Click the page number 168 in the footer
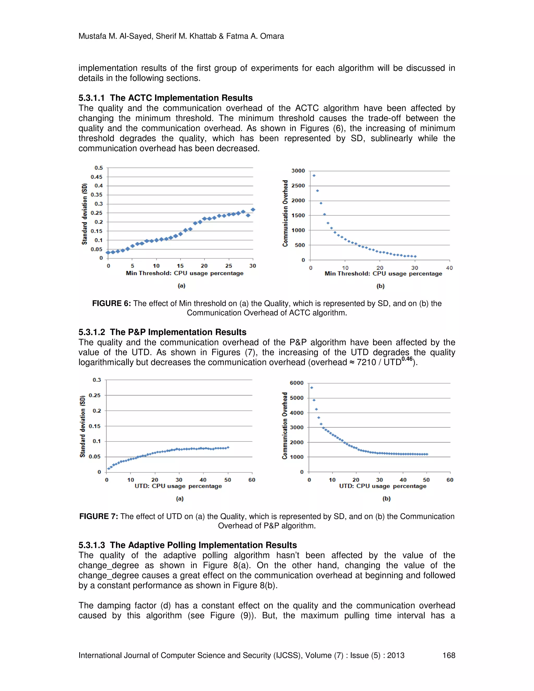[x=448, y=655]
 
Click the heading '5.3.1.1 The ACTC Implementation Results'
[x=166, y=98]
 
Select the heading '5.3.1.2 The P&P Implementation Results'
[x=162, y=332]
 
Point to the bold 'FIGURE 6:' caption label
[x=111, y=304]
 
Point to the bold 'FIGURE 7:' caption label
[x=98, y=516]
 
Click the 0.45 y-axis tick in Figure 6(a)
[x=96, y=177]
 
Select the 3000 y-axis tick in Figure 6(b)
[x=298, y=171]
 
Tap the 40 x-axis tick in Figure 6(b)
[x=449, y=268]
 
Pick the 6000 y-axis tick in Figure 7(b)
[x=296, y=383]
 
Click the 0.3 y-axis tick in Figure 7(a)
[x=96, y=380]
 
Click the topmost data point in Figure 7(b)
[x=312, y=387]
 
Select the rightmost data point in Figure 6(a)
[x=253, y=210]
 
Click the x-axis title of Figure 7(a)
[x=178, y=486]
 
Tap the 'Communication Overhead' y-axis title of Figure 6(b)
[x=285, y=214]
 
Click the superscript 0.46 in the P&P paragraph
[x=406, y=359]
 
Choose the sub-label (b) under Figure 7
[x=386, y=499]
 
